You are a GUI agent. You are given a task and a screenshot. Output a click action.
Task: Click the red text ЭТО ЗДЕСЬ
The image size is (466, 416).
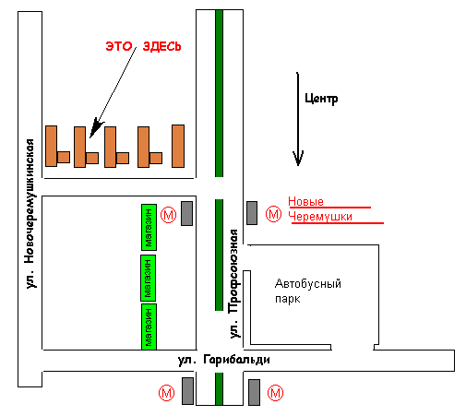pos(143,46)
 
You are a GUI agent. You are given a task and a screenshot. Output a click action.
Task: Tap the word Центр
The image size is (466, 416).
pos(321,99)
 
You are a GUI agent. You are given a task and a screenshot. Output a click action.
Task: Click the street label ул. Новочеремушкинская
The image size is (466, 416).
pos(30,213)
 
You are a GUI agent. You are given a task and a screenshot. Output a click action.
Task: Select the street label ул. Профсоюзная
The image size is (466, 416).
pos(234,283)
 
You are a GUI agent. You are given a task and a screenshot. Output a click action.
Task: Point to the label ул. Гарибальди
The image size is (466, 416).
pos(224,360)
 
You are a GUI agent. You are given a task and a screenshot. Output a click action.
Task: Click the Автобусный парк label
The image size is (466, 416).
pos(308,291)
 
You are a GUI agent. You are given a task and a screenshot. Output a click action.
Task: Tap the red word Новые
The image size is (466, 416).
pos(305,202)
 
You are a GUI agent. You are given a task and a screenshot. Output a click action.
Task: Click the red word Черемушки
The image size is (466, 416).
pos(320,217)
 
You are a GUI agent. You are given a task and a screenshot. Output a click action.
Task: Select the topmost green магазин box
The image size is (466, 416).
pos(149,227)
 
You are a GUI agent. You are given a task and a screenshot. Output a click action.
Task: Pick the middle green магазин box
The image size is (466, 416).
pos(148,278)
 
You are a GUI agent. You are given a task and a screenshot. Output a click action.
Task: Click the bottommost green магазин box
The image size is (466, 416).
pos(149,327)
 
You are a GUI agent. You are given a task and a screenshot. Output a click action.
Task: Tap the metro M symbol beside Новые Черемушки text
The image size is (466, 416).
pos(273,214)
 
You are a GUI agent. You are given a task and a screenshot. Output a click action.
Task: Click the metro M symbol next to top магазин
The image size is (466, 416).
pos(169,215)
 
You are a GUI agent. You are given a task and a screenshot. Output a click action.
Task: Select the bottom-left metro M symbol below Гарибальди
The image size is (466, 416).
pos(166,393)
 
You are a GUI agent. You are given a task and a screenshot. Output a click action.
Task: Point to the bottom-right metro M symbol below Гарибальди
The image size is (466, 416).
pos(275,393)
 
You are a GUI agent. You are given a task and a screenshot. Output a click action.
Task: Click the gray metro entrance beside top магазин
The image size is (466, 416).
pos(186,214)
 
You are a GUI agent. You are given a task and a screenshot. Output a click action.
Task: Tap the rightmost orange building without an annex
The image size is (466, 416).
pos(178,146)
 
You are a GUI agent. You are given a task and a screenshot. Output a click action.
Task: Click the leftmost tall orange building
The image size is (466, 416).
pos(52,146)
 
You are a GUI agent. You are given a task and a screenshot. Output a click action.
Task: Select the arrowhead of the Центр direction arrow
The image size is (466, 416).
pos(298,158)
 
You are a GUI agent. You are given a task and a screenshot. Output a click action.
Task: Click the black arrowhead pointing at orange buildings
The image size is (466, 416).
pos(96,127)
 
